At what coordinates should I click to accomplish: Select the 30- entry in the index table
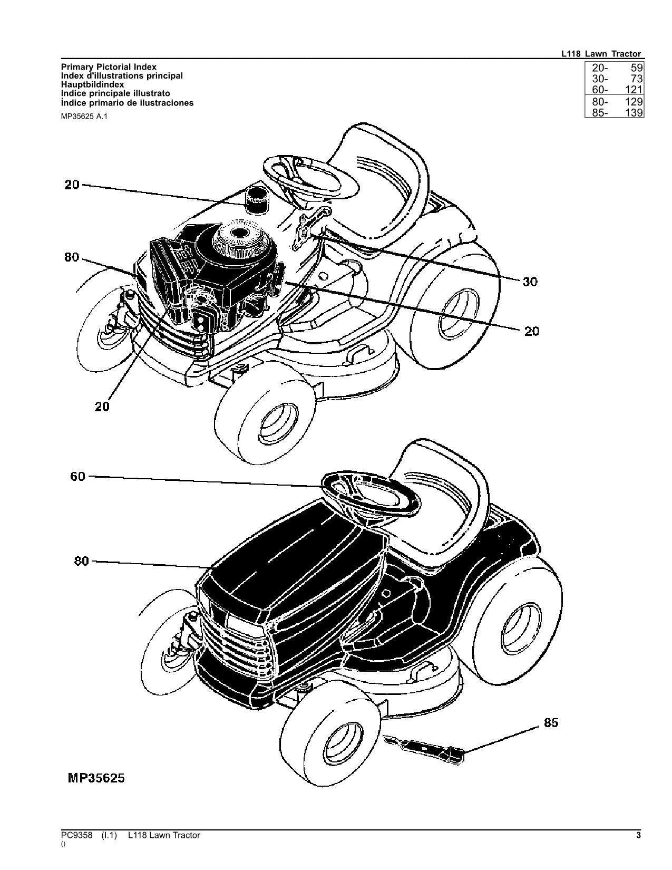point(599,79)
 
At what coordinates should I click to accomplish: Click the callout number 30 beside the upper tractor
point(530,282)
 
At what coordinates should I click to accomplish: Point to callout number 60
point(77,477)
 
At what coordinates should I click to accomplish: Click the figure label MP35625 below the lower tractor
point(95,778)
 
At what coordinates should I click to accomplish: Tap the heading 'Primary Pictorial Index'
point(109,67)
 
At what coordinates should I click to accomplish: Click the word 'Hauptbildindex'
point(92,84)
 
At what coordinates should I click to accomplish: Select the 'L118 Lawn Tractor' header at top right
point(601,54)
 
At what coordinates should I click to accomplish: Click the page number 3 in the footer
point(638,835)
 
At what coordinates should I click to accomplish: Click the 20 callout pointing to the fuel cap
point(72,185)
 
